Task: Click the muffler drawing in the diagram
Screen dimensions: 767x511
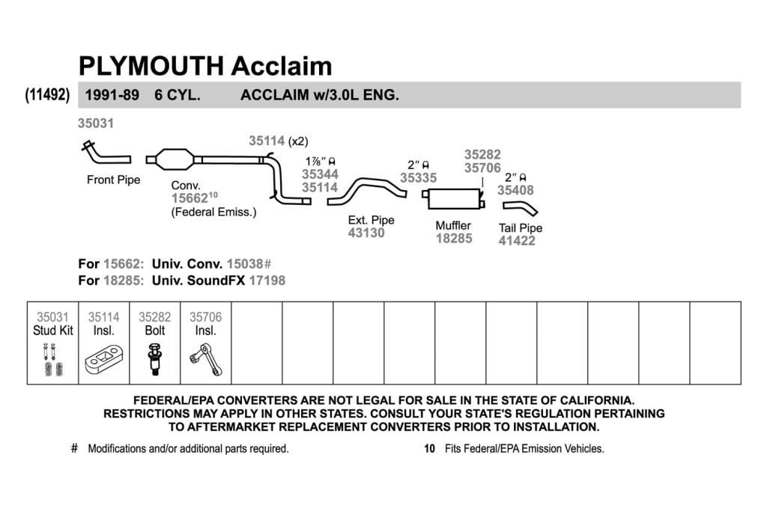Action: click(454, 199)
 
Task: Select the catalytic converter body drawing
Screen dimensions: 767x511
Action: click(174, 159)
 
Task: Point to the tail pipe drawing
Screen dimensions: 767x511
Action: click(521, 209)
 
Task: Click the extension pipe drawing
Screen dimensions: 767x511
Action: click(367, 191)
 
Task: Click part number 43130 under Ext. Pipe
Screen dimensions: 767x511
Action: click(366, 233)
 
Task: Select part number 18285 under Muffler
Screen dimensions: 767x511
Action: click(454, 239)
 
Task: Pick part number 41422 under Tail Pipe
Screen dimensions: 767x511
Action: click(517, 241)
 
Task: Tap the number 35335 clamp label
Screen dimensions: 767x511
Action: click(418, 178)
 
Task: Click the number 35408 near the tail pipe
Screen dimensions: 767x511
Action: click(515, 190)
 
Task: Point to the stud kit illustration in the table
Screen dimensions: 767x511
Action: click(53, 359)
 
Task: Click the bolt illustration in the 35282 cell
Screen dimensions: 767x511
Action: click(154, 359)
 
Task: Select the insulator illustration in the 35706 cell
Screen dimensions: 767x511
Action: click(206, 360)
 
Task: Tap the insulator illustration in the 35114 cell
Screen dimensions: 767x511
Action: click(103, 360)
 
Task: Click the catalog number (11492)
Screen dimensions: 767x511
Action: click(47, 94)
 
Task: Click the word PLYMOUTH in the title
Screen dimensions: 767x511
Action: click(151, 66)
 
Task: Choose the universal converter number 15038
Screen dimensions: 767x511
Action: click(245, 264)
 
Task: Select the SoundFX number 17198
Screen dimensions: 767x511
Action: click(267, 281)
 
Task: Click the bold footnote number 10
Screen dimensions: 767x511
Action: click(429, 448)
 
